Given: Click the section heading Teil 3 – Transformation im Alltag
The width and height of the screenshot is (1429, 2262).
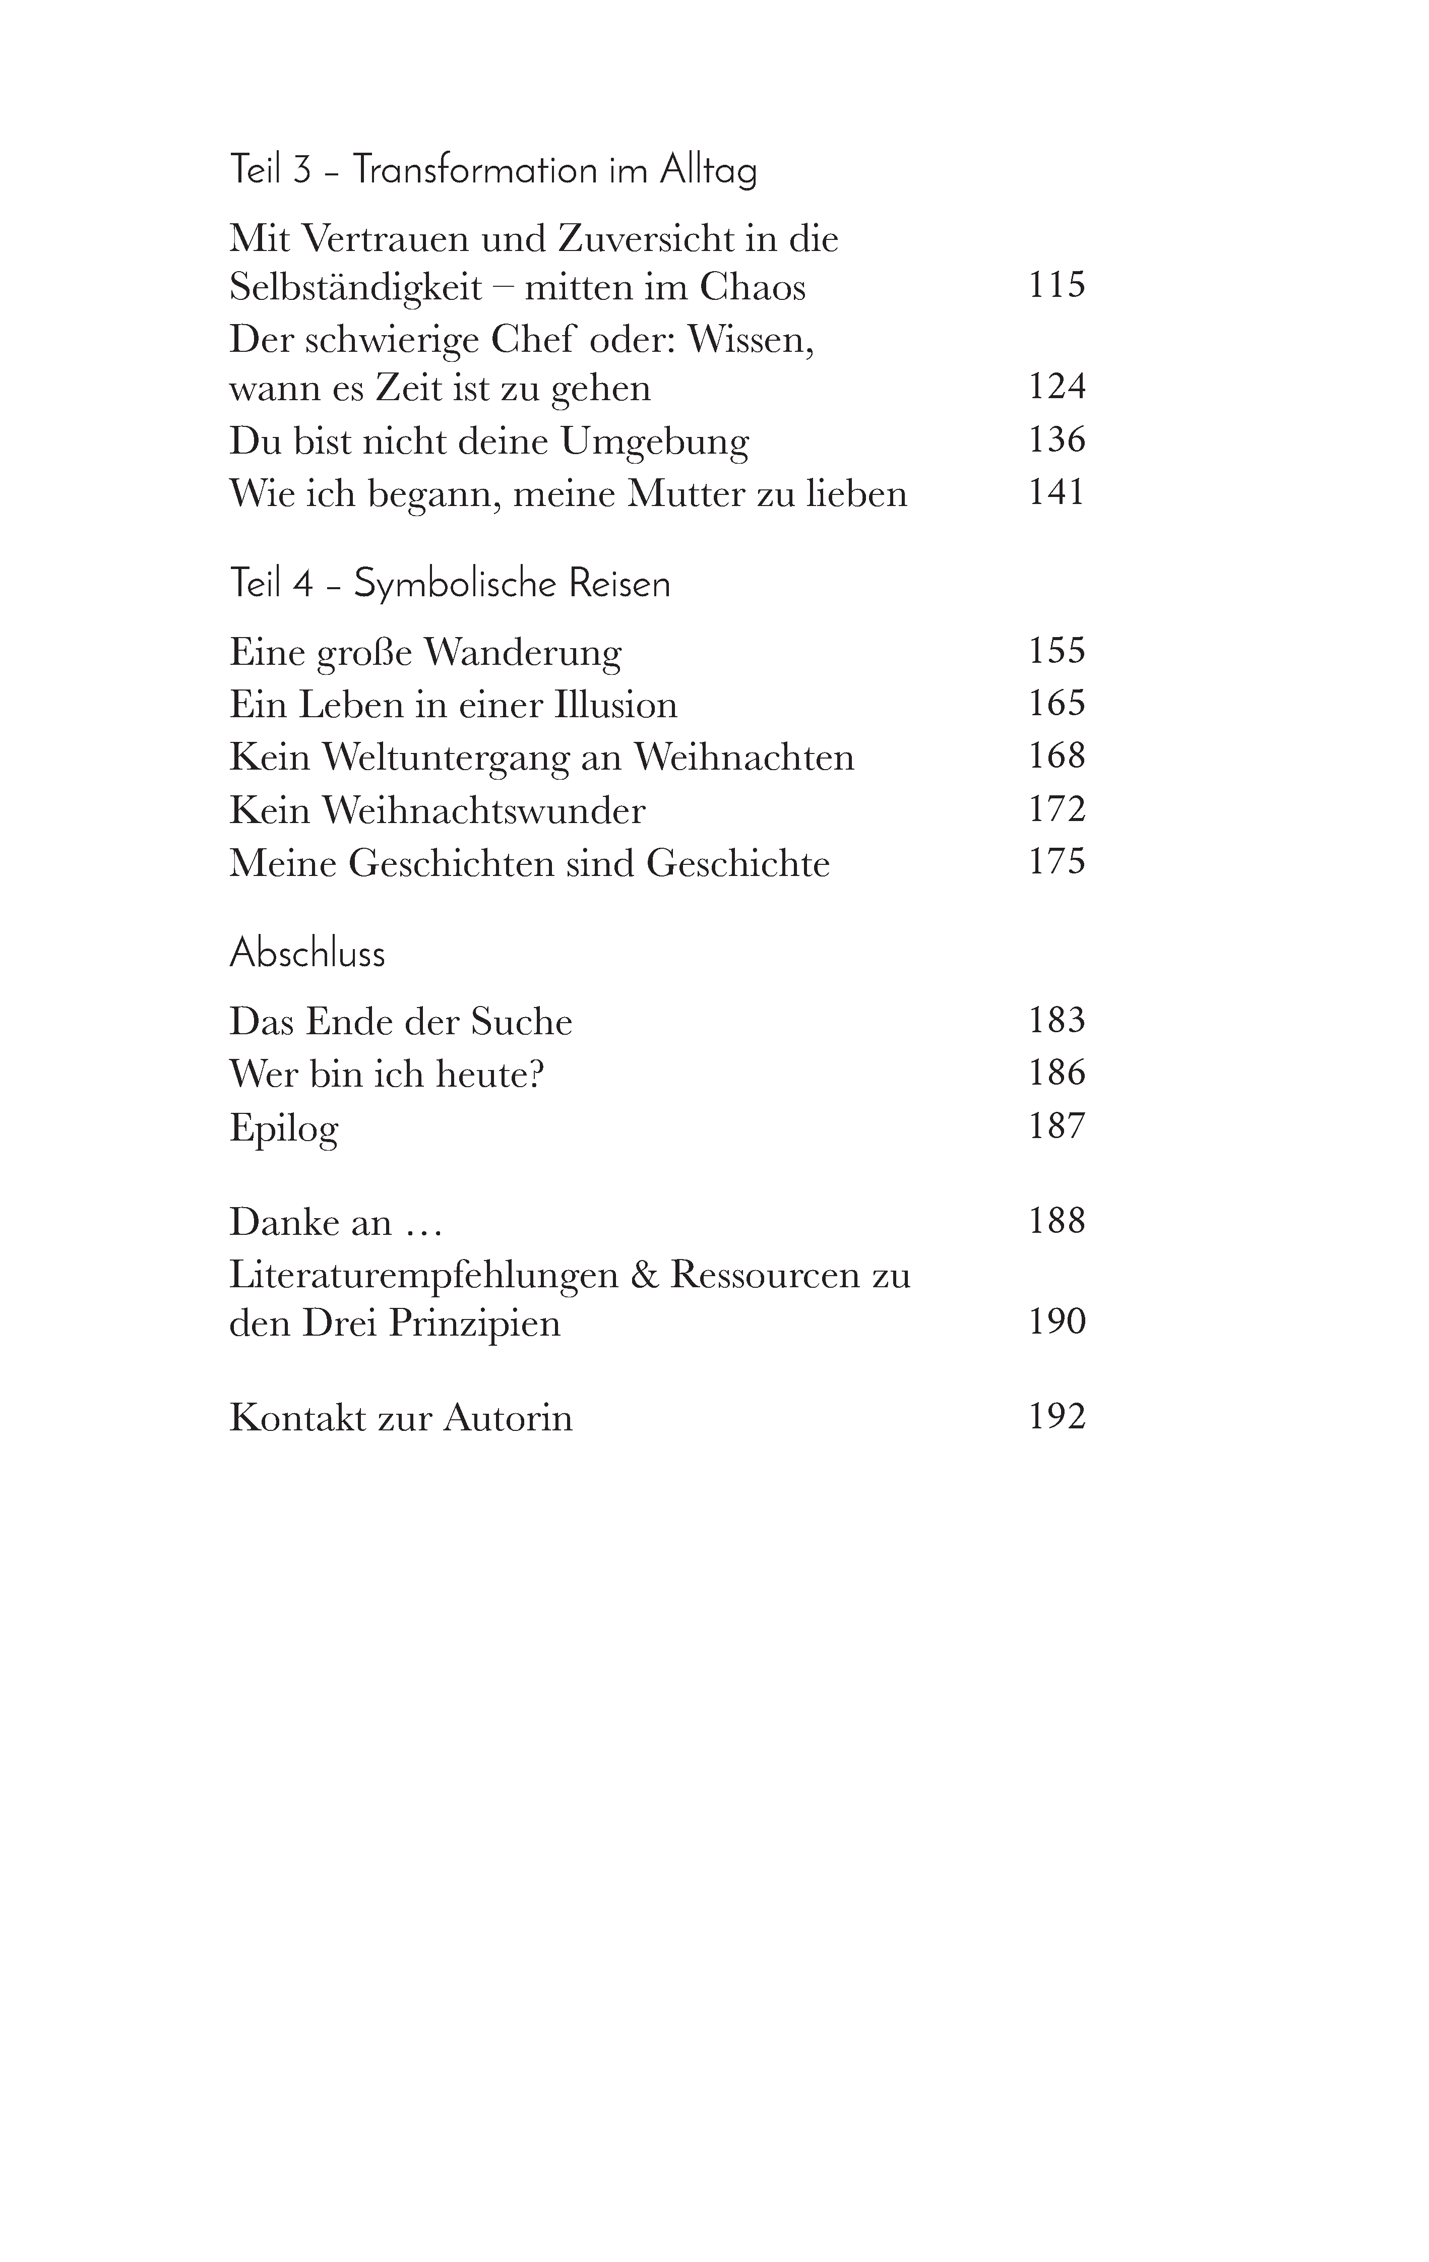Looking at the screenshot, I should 493,171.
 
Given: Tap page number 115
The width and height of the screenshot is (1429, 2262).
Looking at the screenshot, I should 1057,285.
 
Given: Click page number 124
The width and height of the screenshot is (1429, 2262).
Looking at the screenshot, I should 1057,386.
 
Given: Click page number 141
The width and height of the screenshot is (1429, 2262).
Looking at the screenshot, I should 1057,492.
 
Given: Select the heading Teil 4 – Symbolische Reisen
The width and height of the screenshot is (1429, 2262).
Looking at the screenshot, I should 450,584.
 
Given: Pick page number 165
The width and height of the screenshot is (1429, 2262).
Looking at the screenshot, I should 1057,703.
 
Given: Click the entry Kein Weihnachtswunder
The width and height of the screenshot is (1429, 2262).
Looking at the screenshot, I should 437,810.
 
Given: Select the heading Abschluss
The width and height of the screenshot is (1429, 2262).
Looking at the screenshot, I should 307,954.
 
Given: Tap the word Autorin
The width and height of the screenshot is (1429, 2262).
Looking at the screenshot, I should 508,1417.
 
